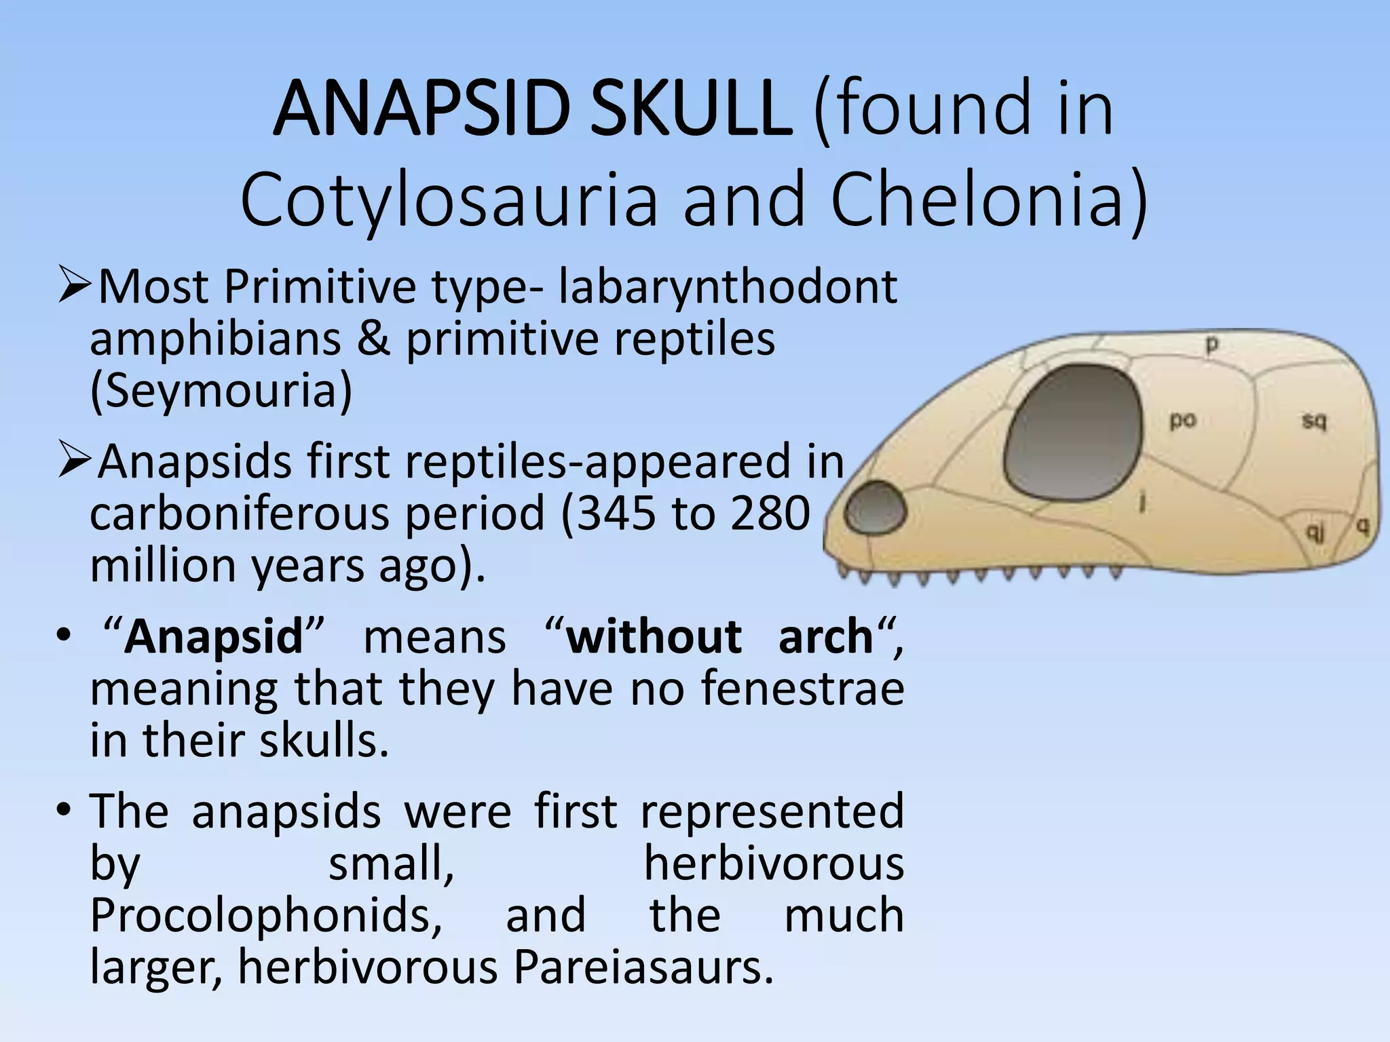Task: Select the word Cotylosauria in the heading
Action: click(x=449, y=200)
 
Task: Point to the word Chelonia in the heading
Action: click(x=988, y=200)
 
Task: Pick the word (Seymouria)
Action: click(x=221, y=391)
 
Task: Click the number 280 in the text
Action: click(x=770, y=514)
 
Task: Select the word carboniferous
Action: click(x=238, y=514)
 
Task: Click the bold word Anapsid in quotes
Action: click(x=213, y=638)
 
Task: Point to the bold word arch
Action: click(x=825, y=638)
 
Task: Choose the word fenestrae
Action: click(x=802, y=689)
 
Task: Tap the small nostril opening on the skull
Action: click(x=876, y=507)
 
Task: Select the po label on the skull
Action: click(x=1182, y=421)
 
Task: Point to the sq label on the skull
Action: click(x=1314, y=421)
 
